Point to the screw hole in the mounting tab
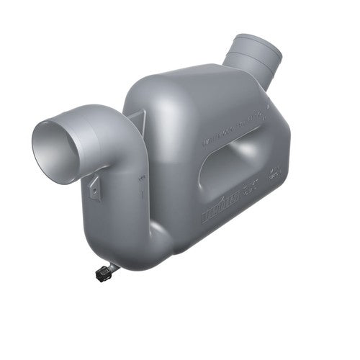(x=94, y=189)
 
